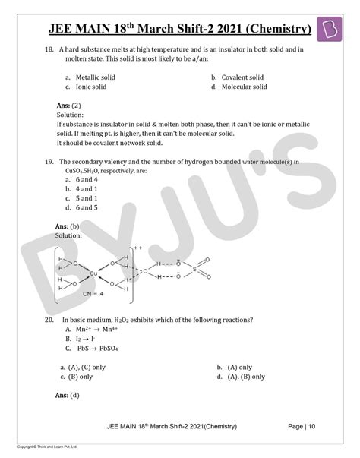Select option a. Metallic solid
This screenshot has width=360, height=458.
(x=86, y=77)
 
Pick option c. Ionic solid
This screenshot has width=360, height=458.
(x=81, y=87)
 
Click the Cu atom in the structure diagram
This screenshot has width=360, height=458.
(x=93, y=273)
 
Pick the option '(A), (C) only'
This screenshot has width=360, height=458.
(x=83, y=367)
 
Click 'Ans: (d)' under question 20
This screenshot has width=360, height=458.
(x=68, y=396)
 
